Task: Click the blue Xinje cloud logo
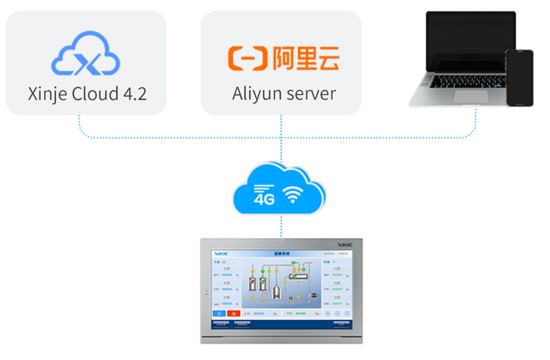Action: [86, 54]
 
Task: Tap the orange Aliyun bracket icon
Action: [248, 59]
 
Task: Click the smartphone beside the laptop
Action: [519, 77]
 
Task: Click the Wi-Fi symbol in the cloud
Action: [293, 196]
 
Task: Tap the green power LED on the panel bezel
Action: [206, 293]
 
